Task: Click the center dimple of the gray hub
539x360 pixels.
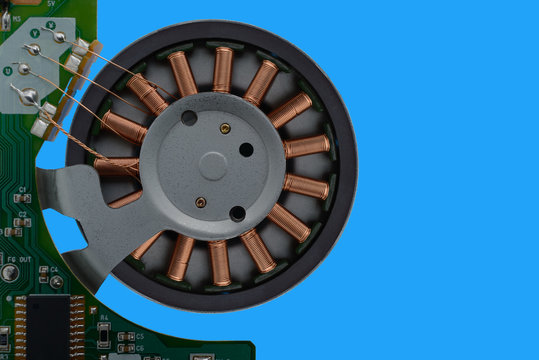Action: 213,164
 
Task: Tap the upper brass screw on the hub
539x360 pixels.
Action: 225,128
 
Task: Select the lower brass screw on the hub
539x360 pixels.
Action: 201,202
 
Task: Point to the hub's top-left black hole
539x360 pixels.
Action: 189,117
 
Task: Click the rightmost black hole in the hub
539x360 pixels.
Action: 246,149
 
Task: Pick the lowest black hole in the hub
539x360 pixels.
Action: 237,213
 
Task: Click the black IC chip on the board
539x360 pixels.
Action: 48,326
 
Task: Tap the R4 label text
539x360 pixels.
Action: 104,317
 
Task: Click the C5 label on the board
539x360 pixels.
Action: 139,337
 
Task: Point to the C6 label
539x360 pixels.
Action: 139,348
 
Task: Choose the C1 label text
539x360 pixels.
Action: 22,188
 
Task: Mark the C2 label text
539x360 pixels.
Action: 22,214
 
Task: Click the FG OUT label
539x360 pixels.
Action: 19,259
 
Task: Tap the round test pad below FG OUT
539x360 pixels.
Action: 10,272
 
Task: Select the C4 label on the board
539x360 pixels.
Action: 54,269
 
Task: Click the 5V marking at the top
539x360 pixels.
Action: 50,3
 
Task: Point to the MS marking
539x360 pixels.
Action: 16,18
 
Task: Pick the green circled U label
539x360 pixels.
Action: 8,71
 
